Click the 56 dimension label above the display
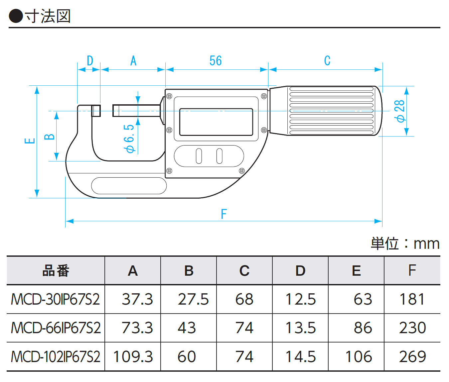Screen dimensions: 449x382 [x=216, y=61]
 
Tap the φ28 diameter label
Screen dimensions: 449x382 [x=399, y=111]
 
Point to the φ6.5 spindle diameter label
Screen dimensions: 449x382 [x=129, y=139]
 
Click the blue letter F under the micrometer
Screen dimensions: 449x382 [x=224, y=214]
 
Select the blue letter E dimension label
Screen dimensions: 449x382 [x=30, y=141]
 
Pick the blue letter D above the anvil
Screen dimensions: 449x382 [x=90, y=61]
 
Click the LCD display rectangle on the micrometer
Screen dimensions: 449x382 [x=216, y=122]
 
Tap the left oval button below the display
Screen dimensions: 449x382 [x=199, y=156]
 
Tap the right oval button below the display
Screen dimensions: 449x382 [x=220, y=156]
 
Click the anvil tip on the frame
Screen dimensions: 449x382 [x=96, y=111]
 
